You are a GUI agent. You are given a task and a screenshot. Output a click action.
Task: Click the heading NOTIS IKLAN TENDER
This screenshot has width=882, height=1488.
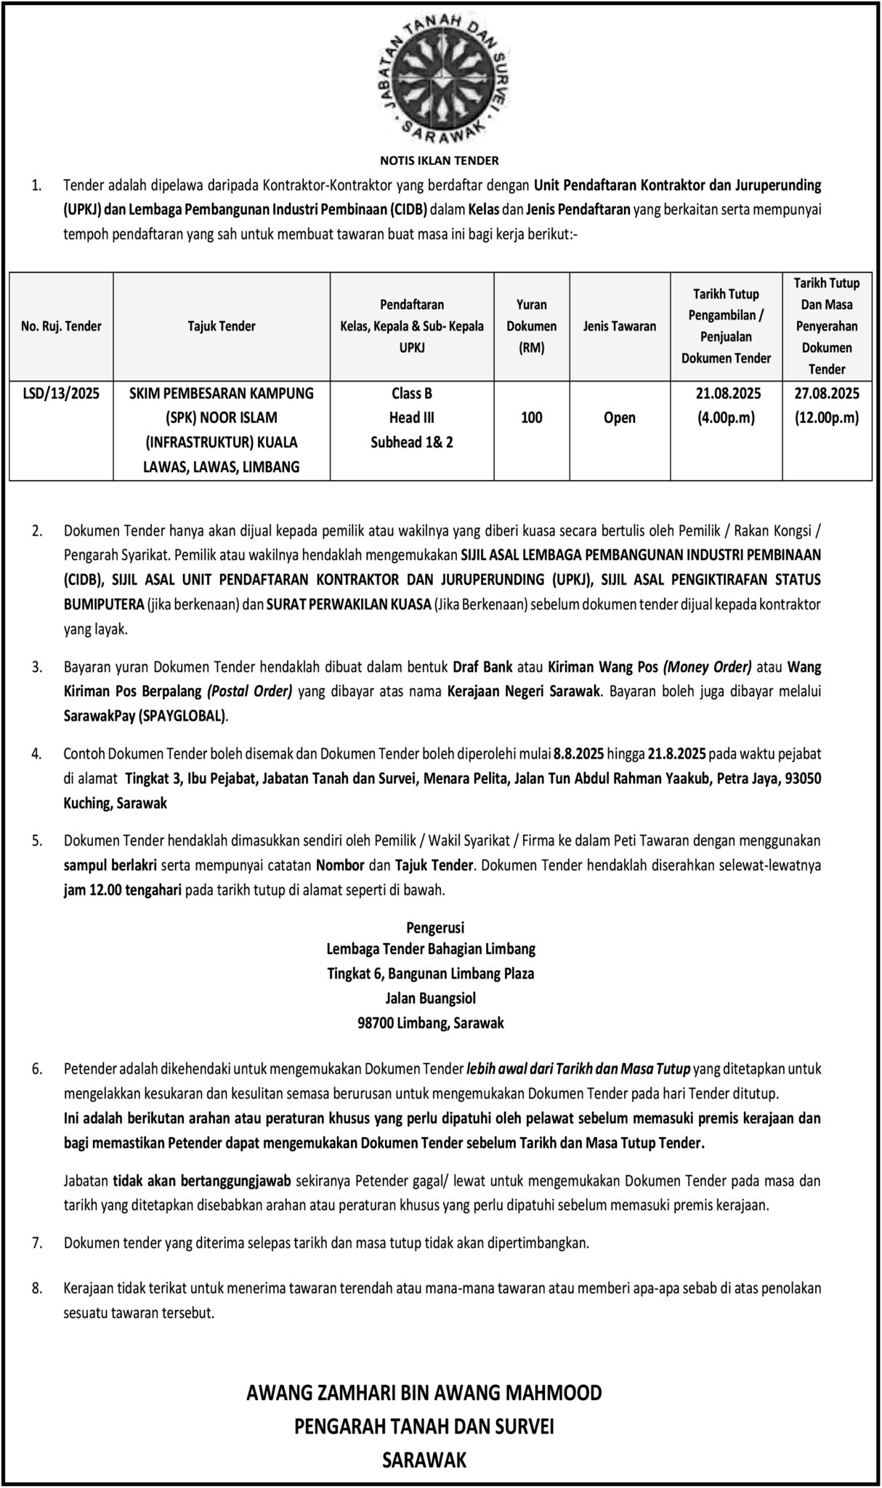click(440, 160)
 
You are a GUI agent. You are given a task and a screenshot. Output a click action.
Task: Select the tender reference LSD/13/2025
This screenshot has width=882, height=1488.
click(61, 393)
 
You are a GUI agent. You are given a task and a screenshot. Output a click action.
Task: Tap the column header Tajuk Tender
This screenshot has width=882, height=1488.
click(222, 326)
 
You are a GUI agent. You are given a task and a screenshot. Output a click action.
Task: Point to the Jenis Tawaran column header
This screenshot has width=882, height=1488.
click(619, 326)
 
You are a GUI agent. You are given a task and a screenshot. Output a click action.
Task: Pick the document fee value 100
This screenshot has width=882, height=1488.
click(532, 418)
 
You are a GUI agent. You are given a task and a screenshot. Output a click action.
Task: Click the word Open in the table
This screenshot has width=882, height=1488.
click(619, 418)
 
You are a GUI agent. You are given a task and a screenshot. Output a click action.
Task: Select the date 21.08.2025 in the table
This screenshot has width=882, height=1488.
click(726, 393)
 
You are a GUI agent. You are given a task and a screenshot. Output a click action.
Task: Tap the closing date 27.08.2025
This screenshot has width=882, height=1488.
click(827, 393)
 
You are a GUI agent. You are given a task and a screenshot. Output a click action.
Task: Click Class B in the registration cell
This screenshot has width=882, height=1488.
click(412, 393)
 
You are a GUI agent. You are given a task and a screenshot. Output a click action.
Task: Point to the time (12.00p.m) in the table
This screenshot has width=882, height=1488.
click(827, 418)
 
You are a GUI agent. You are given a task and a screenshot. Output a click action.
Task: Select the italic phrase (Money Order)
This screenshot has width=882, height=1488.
click(708, 666)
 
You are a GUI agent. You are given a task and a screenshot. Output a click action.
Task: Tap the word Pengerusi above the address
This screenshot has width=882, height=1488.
click(435, 927)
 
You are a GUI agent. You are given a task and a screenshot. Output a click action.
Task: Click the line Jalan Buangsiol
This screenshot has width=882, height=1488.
click(431, 998)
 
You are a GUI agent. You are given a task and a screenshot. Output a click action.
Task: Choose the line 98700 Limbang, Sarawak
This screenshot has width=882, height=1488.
click(431, 1023)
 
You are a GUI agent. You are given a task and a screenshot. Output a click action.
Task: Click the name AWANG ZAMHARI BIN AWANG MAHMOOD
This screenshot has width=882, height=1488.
click(424, 1393)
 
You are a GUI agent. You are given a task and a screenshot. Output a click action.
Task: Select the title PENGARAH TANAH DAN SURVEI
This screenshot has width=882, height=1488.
click(424, 1426)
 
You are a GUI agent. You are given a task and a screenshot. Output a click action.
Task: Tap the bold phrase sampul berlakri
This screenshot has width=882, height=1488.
click(110, 865)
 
